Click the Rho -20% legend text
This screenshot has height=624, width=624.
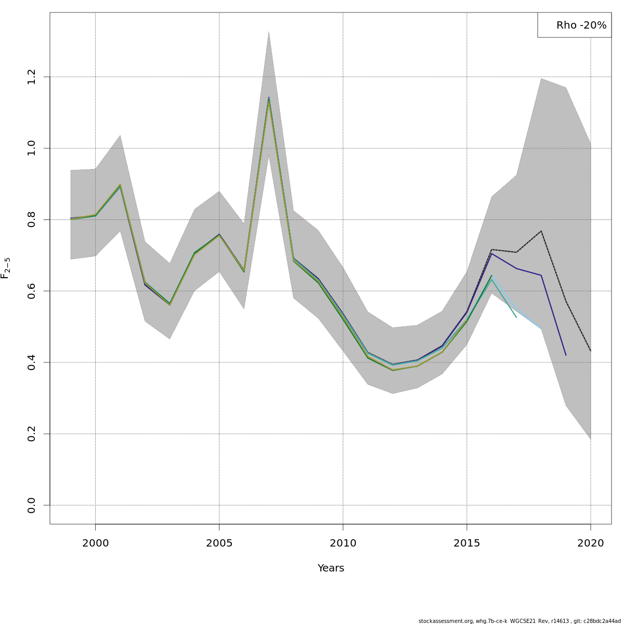pos(581,25)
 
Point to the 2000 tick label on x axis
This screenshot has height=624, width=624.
pos(95,544)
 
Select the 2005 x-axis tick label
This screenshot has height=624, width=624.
pos(219,544)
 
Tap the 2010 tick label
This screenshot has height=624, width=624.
pos(343,544)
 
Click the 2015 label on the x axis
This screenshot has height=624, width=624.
pos(466,544)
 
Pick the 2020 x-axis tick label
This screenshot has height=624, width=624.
pos(591,544)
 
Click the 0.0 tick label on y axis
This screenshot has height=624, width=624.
pos(32,505)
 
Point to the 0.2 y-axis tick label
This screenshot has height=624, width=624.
pos(32,434)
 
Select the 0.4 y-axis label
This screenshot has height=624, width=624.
pos(32,362)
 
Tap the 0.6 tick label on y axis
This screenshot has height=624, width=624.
pos(32,291)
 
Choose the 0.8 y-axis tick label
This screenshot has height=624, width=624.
pos(32,219)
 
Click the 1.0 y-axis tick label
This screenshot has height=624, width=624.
pos(32,148)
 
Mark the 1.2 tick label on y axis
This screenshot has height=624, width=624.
pos(32,77)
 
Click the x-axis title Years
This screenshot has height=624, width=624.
pos(331,568)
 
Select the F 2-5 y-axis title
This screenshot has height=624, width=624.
pos(6,268)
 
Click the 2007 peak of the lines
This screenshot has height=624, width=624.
pos(268,98)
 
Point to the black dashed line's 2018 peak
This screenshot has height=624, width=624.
pos(541,231)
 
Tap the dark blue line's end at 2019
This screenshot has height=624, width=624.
pos(566,355)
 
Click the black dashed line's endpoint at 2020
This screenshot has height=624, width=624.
pos(591,351)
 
